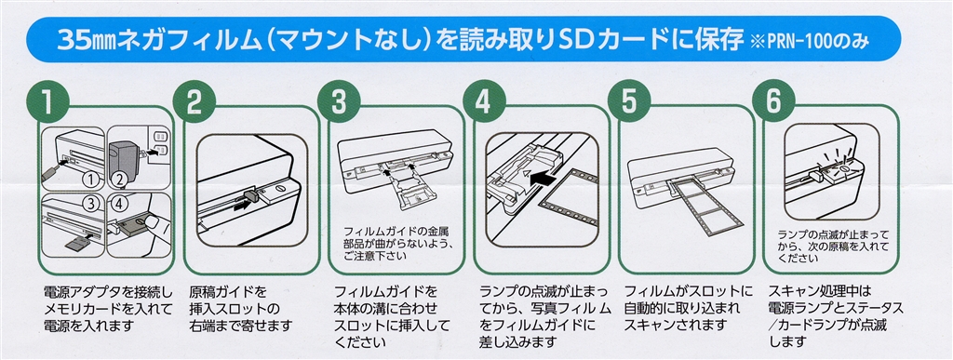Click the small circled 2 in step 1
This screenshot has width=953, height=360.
point(120,180)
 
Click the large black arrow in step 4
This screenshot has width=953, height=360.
point(544,179)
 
